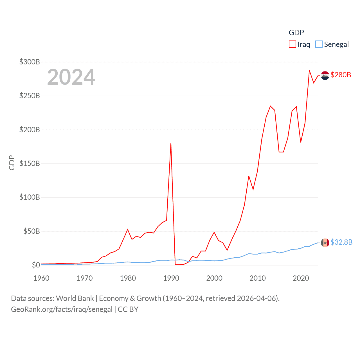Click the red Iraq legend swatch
click(x=292, y=44)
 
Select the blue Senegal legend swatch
click(x=319, y=44)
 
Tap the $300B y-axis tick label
click(x=30, y=62)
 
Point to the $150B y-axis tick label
click(x=30, y=163)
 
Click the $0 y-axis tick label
click(x=36, y=265)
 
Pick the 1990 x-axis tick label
click(x=171, y=278)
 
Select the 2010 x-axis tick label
click(x=258, y=278)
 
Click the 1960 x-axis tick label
click(x=41, y=278)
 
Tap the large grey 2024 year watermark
click(x=71, y=77)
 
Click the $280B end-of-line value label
click(x=341, y=75)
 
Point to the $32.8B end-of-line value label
click(x=341, y=242)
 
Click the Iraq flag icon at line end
click(x=325, y=76)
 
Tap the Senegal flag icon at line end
click(x=325, y=243)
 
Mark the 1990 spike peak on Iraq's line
click(x=171, y=143)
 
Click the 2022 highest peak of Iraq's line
click(x=309, y=71)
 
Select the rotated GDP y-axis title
click(x=12, y=163)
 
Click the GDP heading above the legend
click(x=296, y=33)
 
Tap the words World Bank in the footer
click(x=75, y=298)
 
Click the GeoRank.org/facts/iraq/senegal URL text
click(x=62, y=309)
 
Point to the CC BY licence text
click(x=128, y=309)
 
